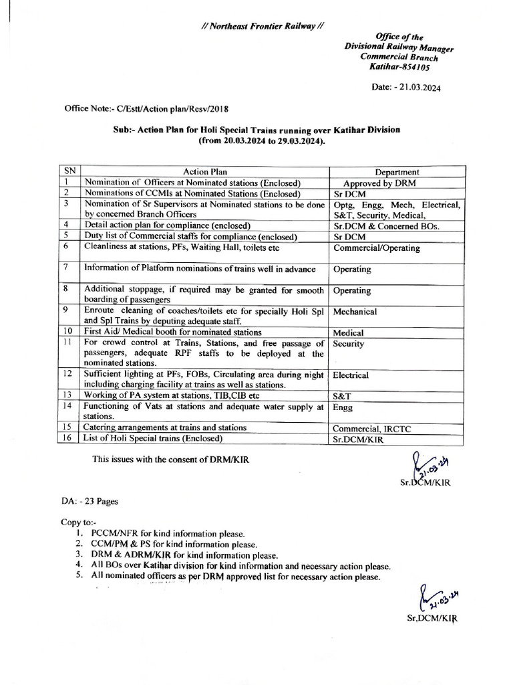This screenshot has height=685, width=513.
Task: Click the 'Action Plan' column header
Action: click(x=204, y=172)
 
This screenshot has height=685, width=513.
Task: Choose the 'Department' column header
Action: click(x=397, y=172)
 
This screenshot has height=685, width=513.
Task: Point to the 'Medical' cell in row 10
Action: click(x=348, y=332)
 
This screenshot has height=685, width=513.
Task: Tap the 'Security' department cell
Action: click(x=348, y=342)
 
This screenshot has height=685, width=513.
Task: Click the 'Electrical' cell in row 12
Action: click(x=351, y=375)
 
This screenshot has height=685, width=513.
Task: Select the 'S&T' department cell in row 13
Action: click(x=342, y=396)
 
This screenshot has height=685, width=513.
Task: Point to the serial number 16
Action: click(x=67, y=438)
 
